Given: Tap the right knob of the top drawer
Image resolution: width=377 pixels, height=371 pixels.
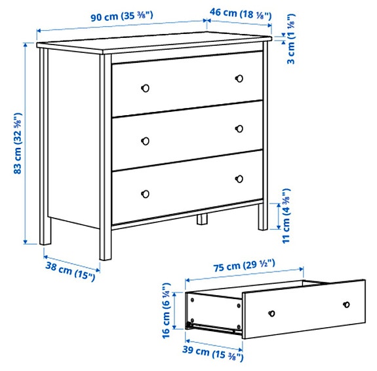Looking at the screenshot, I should click(239, 78).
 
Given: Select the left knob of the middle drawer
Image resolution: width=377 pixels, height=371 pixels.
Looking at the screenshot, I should click(146, 140).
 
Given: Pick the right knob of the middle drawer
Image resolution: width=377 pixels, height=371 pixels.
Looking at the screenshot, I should click(239, 128).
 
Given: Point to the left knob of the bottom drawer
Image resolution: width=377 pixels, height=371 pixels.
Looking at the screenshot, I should click(146, 193).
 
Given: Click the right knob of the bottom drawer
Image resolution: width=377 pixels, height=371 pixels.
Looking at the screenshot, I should click(239, 178).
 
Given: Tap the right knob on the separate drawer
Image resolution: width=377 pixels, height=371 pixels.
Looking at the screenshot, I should click(346, 304).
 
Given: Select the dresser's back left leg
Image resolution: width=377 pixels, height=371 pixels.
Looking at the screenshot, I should click(45, 229).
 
